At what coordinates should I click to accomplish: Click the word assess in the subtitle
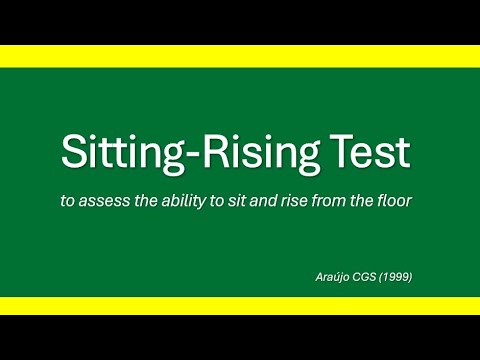[109, 201]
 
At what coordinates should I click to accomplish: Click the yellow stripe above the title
[240, 56]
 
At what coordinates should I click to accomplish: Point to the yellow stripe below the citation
[240, 305]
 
